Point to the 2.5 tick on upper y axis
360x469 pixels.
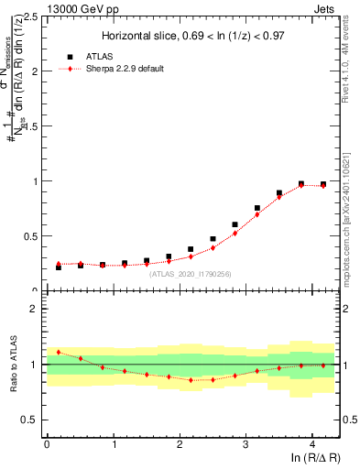(x=34, y=16)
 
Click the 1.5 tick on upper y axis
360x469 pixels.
(x=34, y=126)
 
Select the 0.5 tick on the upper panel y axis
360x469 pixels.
(x=34, y=236)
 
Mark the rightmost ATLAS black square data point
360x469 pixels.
(x=323, y=184)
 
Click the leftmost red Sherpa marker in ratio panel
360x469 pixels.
(x=59, y=352)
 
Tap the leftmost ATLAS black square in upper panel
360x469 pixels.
(x=59, y=267)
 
